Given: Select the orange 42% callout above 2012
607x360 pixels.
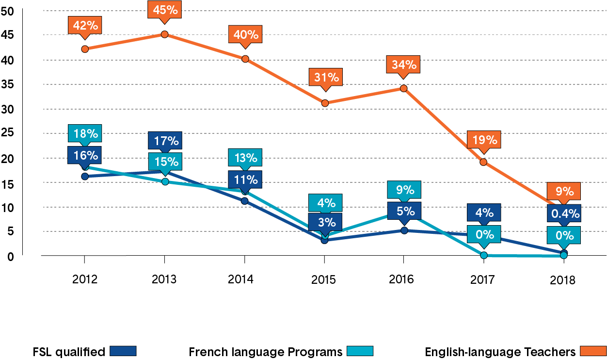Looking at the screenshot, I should pyautogui.click(x=85, y=25).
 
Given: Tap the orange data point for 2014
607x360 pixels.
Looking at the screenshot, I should pyautogui.click(x=245, y=59).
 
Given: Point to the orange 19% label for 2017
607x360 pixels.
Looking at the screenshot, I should pyautogui.click(x=484, y=141).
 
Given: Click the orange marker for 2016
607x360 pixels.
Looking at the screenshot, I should pyautogui.click(x=403, y=88).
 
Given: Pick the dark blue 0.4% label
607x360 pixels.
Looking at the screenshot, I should pyautogui.click(x=564, y=213).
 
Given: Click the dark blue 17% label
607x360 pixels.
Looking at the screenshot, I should pyautogui.click(x=165, y=141).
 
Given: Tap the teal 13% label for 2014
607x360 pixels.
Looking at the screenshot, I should pyautogui.click(x=245, y=158).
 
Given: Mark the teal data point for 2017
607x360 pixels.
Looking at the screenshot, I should pyautogui.click(x=484, y=255).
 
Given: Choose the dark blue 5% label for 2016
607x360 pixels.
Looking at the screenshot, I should pyautogui.click(x=404, y=211).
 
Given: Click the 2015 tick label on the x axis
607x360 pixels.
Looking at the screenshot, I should pyautogui.click(x=324, y=279).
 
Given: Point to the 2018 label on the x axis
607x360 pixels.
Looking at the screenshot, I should pyautogui.click(x=563, y=280).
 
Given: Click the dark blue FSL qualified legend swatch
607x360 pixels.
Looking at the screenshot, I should pyautogui.click(x=123, y=351).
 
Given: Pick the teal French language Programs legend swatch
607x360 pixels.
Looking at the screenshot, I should pyautogui.click(x=360, y=351).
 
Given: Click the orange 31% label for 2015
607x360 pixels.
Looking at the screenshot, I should pyautogui.click(x=325, y=77).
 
